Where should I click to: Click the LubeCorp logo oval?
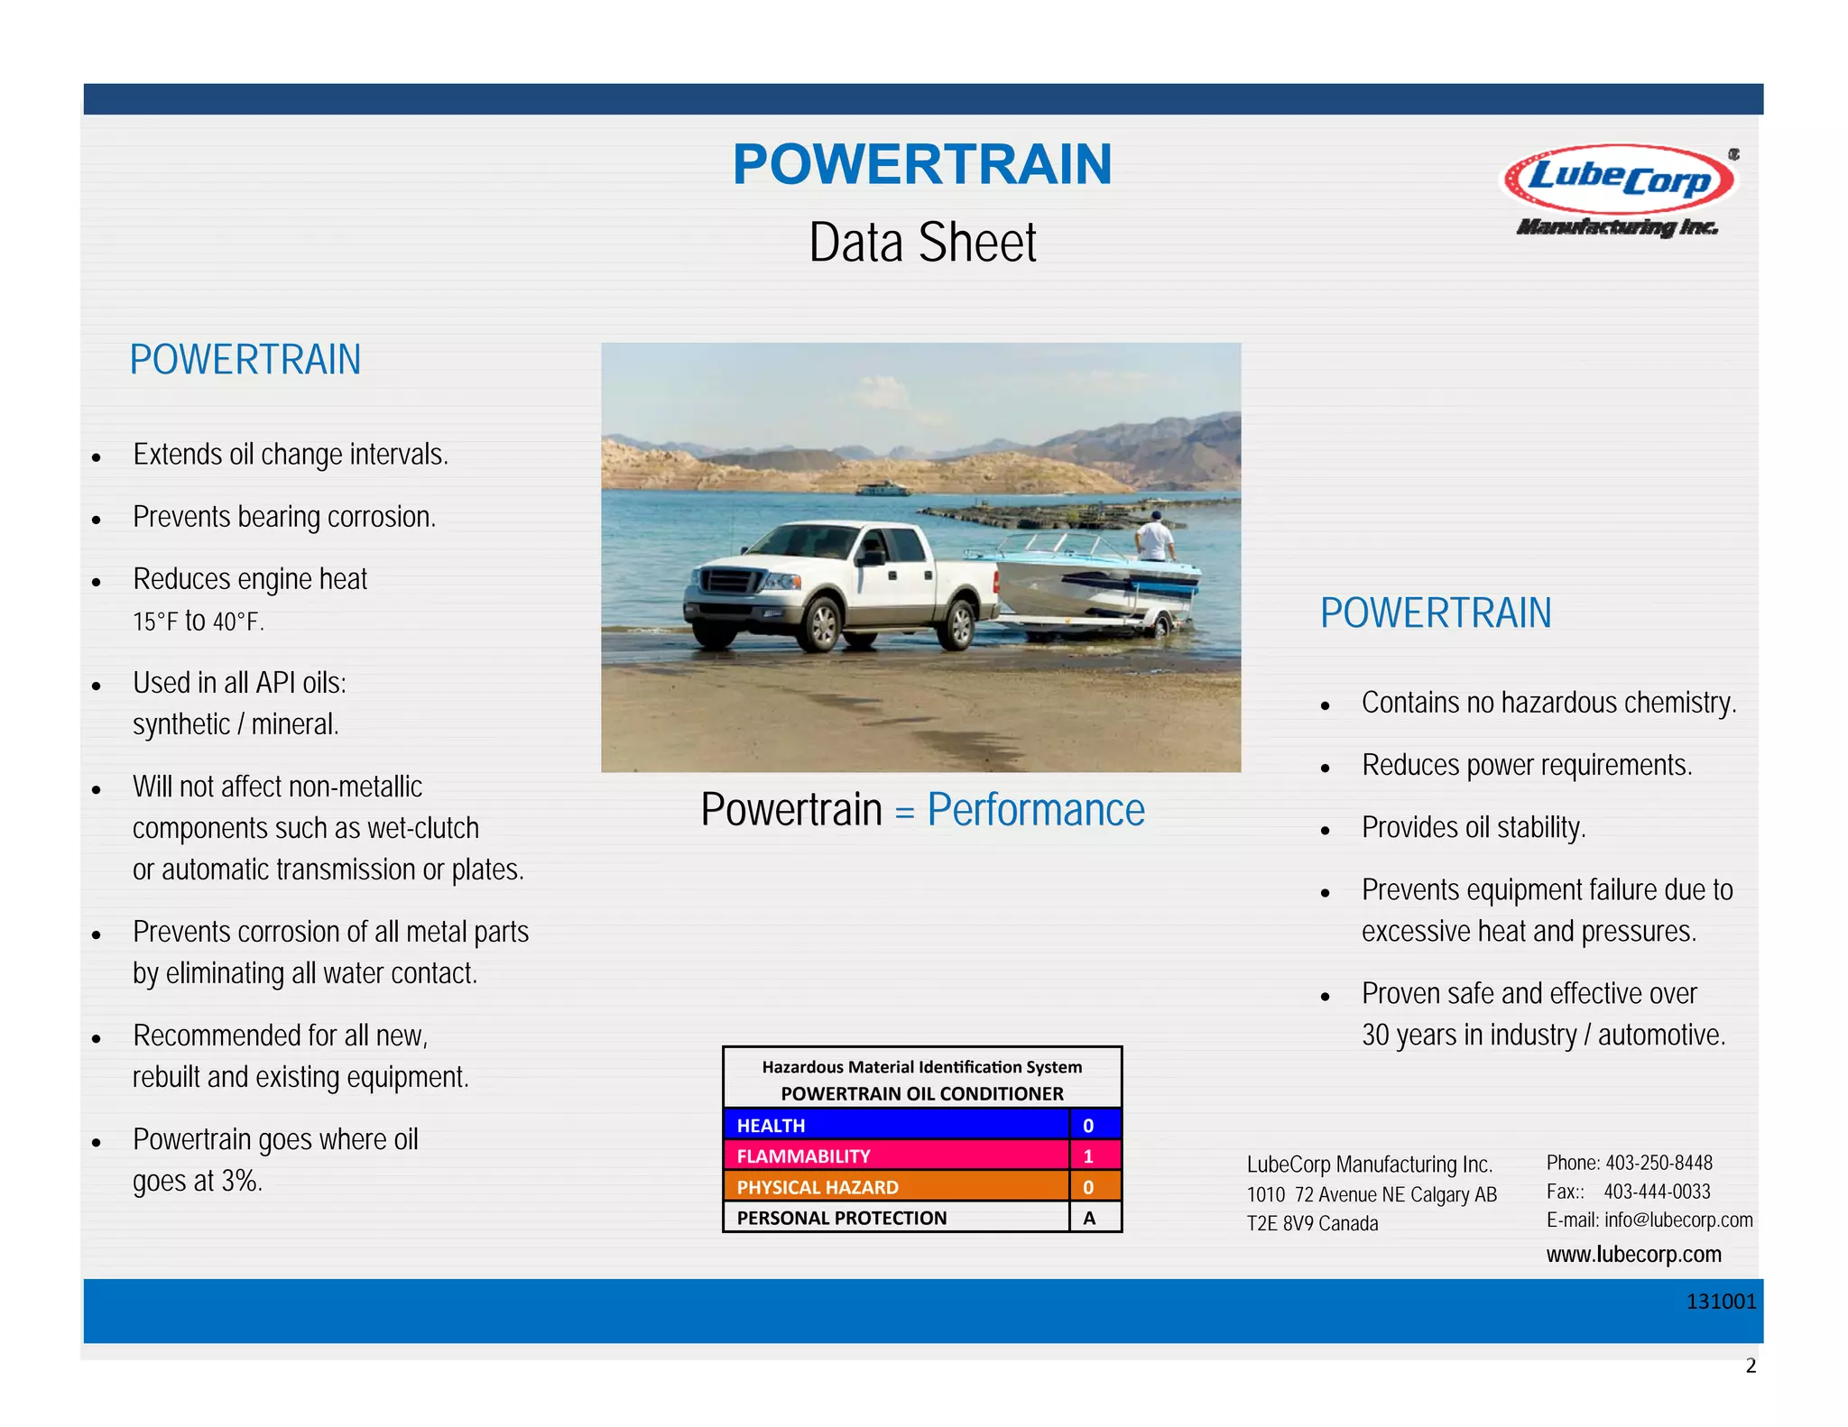[x=1619, y=178]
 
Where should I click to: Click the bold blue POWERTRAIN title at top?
[x=922, y=165]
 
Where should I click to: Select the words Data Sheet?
[x=922, y=243]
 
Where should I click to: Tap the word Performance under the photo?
[x=1035, y=809]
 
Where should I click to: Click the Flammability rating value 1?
[x=1088, y=1156]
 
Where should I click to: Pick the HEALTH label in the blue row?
[x=771, y=1126]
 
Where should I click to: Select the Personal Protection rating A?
[x=1089, y=1218]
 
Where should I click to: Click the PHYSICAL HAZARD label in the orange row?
[x=818, y=1187]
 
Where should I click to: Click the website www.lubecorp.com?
[x=1633, y=1255]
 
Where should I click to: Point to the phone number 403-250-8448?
[x=1659, y=1163]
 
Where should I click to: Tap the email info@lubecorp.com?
[x=1677, y=1220]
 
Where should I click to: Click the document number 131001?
[x=1721, y=1302]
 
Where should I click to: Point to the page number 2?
[x=1751, y=1366]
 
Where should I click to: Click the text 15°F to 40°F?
[x=199, y=621]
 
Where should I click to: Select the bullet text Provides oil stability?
[x=1473, y=827]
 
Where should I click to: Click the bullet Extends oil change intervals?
[x=290, y=455]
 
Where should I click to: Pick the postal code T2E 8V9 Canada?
[x=1312, y=1224]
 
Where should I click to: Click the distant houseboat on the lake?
[x=882, y=489]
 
